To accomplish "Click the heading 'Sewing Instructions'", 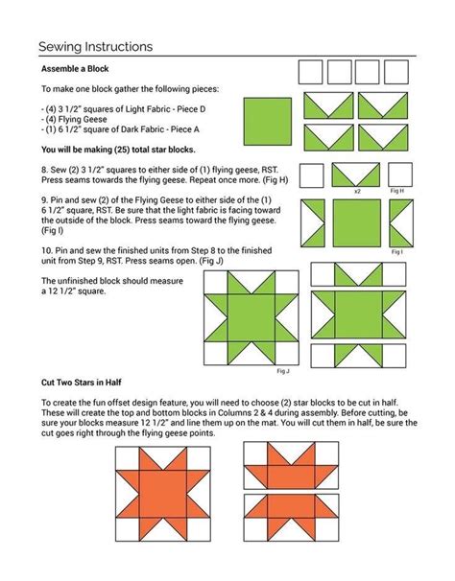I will [95, 46].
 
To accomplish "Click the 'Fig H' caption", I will [395, 192].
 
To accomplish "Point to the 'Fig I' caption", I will [395, 251].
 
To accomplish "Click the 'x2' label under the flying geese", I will [357, 192].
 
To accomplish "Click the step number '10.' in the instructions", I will [47, 247].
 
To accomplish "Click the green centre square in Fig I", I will [356, 221].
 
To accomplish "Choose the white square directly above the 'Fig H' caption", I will [397, 175].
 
